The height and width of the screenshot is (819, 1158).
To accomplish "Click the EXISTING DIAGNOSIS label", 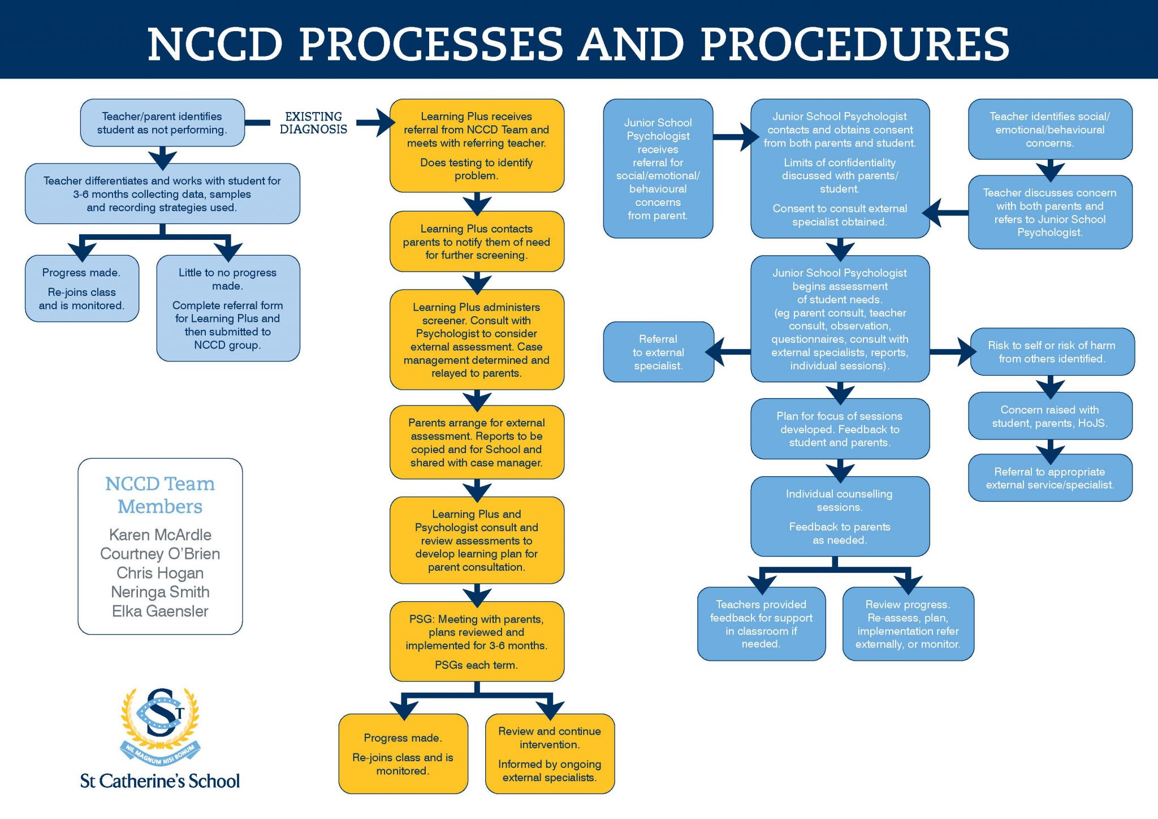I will click(x=313, y=123).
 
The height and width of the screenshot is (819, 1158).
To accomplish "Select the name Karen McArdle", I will click(x=160, y=534).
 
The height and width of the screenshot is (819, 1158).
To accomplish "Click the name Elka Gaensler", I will click(x=160, y=611).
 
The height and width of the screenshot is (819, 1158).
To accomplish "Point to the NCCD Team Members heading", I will click(x=160, y=495).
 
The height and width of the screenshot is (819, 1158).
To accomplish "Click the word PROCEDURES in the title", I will click(x=854, y=44).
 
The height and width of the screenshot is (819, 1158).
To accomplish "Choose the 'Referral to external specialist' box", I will click(x=658, y=352).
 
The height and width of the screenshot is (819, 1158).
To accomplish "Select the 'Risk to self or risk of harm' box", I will click(x=1052, y=352).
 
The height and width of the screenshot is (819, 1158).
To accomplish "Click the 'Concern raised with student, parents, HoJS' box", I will click(x=1050, y=416).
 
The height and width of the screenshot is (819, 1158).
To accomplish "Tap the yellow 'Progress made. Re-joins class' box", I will click(x=403, y=753).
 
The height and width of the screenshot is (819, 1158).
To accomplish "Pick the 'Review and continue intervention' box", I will click(x=550, y=753).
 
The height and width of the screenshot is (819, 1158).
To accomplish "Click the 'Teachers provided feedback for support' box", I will click(x=761, y=624).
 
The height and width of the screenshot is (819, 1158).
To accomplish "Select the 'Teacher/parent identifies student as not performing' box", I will click(x=162, y=123).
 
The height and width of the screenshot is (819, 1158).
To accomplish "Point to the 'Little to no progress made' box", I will click(x=228, y=308).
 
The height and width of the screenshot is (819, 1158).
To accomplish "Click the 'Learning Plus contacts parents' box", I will click(x=477, y=242).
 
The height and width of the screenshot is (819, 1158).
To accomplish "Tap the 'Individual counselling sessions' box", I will click(x=840, y=516).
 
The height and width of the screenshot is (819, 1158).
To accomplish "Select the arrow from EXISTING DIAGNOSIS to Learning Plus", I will click(x=375, y=123).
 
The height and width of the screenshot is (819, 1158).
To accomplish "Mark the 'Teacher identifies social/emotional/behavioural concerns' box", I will click(x=1050, y=130).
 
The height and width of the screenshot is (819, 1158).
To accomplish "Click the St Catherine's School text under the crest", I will click(x=160, y=781).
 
